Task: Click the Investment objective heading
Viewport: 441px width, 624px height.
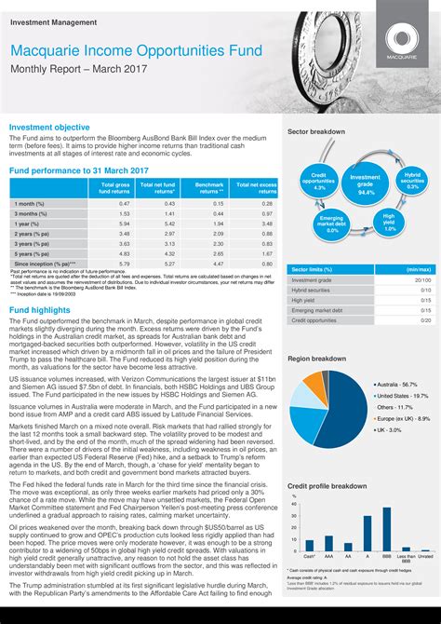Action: (49, 126)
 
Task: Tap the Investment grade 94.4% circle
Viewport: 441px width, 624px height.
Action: (366, 183)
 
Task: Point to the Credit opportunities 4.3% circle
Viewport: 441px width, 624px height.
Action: (319, 182)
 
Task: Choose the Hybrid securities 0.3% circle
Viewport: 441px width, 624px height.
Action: (412, 181)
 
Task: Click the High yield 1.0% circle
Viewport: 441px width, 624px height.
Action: (389, 221)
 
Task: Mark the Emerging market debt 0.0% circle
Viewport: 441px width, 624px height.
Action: (332, 224)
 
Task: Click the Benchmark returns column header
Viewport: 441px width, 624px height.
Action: (209, 188)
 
